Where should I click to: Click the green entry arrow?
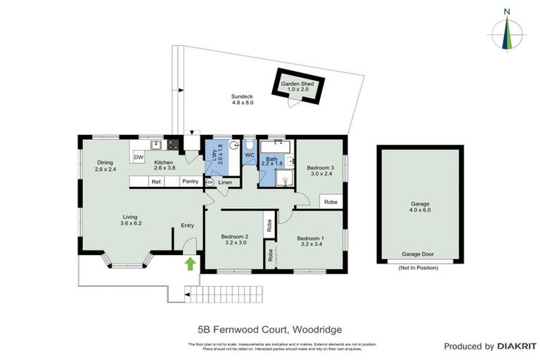point(189,264)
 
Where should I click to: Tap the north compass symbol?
point(507,32)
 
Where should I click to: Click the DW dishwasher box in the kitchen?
point(139,157)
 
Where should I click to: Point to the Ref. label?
point(157,182)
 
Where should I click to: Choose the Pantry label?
point(189,182)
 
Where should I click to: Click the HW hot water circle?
point(209,183)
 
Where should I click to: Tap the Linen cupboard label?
point(225,183)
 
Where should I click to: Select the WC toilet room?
point(249,155)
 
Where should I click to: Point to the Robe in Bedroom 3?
point(330,202)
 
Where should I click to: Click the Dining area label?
point(104,162)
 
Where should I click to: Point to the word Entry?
point(187,225)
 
